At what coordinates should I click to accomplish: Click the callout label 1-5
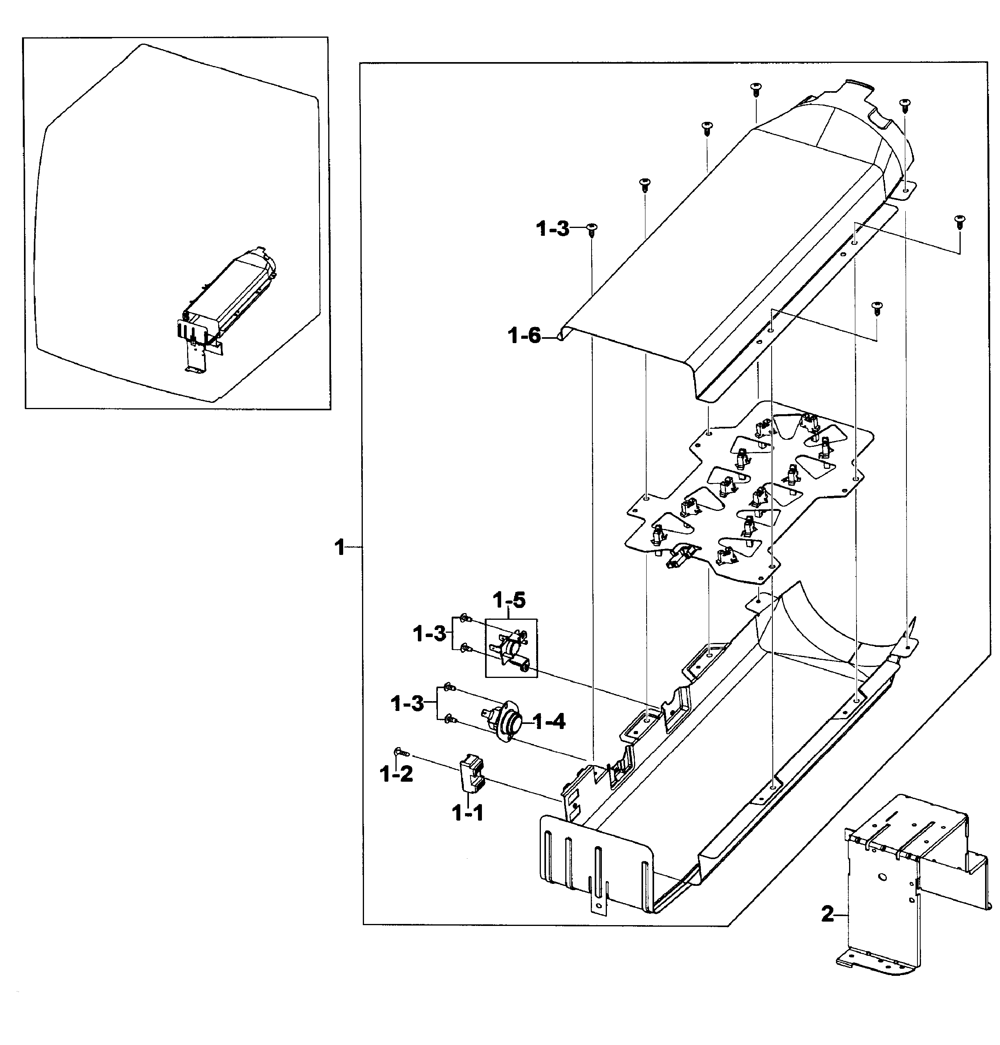pos(509,601)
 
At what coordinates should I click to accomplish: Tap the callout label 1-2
pos(396,774)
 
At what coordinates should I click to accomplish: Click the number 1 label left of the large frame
pos(340,548)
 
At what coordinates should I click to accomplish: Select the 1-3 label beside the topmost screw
pos(552,230)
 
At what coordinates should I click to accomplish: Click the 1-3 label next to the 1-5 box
pos(429,634)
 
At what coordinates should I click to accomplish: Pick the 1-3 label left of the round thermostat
pos(407,704)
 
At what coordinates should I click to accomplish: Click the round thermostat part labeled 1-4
pos(503,723)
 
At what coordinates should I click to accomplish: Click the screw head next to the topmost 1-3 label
pos(591,229)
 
